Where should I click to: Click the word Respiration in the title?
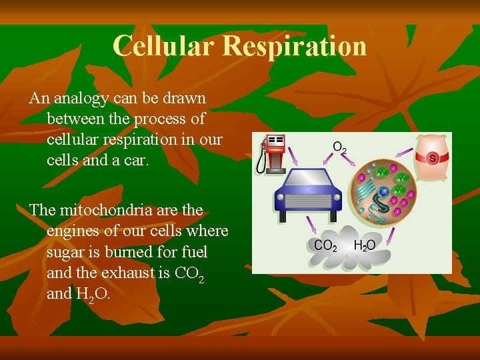295,46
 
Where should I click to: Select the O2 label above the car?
339,147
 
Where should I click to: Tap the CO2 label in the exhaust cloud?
326,246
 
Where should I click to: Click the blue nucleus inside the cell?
385,193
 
